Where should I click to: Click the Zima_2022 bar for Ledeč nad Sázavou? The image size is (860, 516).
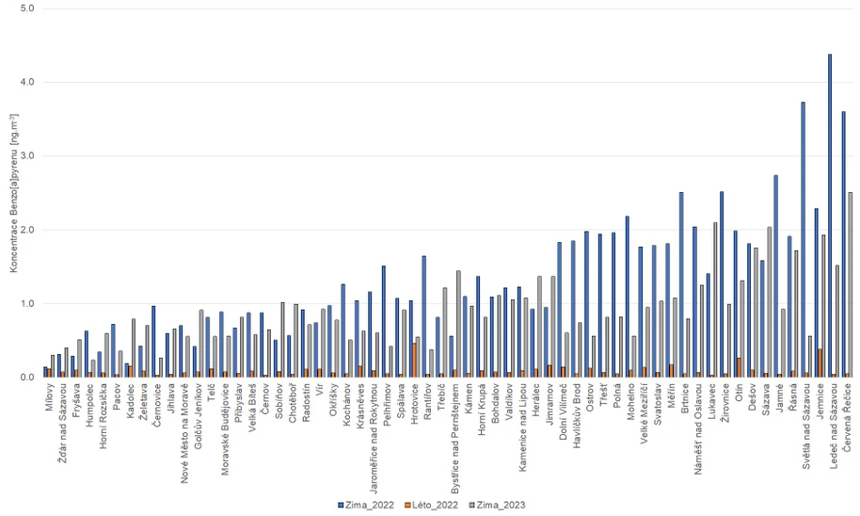coord(829,216)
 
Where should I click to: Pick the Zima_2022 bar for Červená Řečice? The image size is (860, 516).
coord(843,245)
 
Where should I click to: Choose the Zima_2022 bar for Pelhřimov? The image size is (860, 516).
coord(384,321)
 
